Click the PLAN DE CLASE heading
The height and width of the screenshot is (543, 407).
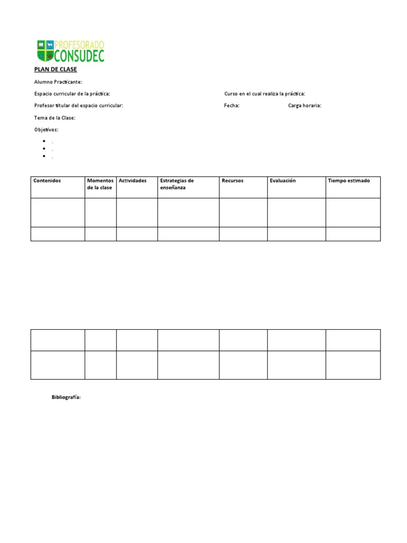pyautogui.click(x=56, y=69)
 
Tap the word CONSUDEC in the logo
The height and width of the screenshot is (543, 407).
pyautogui.click(x=79, y=55)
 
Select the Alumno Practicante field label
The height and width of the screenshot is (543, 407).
pyautogui.click(x=58, y=82)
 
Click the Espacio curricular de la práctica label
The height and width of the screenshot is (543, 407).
pyautogui.click(x=72, y=94)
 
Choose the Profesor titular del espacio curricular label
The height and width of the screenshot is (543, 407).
pyautogui.click(x=78, y=106)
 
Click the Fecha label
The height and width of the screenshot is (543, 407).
pyautogui.click(x=232, y=106)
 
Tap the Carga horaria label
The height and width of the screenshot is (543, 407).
pyautogui.click(x=305, y=106)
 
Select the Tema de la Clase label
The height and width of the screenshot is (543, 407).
pyautogui.click(x=55, y=118)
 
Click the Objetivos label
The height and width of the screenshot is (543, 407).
pyautogui.click(x=46, y=129)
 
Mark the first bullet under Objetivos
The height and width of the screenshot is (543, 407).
pyautogui.click(x=43, y=142)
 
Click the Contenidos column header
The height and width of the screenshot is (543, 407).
pyautogui.click(x=47, y=181)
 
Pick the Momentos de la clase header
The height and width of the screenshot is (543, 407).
pyautogui.click(x=100, y=184)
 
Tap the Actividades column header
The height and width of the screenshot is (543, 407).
pyautogui.click(x=132, y=181)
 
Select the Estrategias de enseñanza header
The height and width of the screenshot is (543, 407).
pyautogui.click(x=177, y=184)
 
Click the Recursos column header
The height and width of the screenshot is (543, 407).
pyautogui.click(x=233, y=181)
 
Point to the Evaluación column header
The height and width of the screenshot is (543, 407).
pyautogui.click(x=282, y=181)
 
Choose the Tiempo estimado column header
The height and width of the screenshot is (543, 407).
pyautogui.click(x=349, y=181)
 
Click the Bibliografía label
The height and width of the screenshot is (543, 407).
pyautogui.click(x=66, y=397)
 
